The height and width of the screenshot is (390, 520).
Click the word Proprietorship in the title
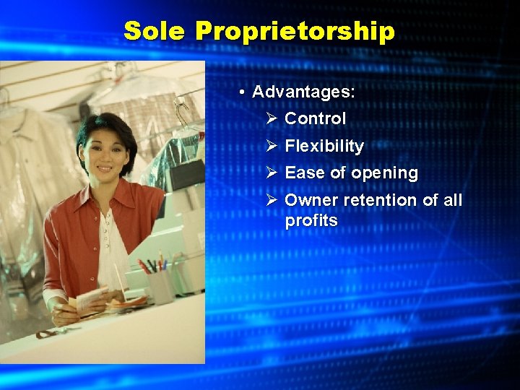point(295,32)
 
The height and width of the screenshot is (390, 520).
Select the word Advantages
point(303,92)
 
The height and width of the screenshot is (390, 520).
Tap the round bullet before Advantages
point(244,92)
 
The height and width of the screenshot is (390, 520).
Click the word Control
point(316,118)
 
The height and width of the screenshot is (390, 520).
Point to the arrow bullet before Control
point(272,118)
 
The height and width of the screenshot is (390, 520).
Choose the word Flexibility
point(324,146)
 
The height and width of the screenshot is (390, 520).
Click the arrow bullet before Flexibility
point(272,146)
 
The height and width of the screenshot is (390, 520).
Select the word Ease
point(303,173)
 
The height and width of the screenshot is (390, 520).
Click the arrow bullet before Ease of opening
point(272,173)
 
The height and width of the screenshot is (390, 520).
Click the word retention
point(378,200)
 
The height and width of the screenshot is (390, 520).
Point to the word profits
point(311,220)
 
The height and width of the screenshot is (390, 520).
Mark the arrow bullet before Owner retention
point(272,200)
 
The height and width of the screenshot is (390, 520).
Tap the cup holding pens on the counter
point(160,284)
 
